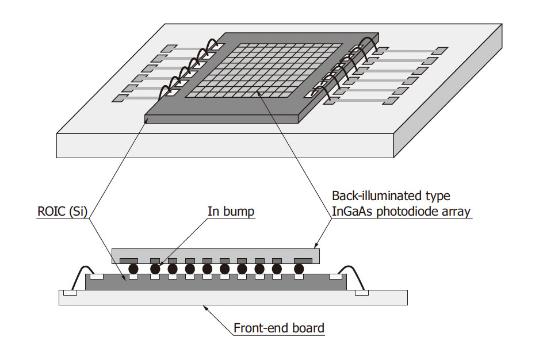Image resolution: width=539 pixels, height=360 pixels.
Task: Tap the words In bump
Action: click(x=231, y=212)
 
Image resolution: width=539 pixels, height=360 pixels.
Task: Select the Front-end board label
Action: click(x=279, y=329)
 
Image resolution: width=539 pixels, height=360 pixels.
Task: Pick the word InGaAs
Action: click(x=353, y=212)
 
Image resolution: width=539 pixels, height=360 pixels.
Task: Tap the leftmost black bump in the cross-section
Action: click(x=133, y=269)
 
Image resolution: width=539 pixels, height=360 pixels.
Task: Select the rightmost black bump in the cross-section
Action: click(x=299, y=269)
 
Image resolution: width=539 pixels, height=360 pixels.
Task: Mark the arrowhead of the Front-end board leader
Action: click(x=205, y=307)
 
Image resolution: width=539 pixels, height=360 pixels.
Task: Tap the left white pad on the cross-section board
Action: click(x=70, y=293)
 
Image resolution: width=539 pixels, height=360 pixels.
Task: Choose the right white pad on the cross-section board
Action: click(x=362, y=293)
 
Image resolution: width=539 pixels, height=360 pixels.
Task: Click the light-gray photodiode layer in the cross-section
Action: click(x=216, y=252)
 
